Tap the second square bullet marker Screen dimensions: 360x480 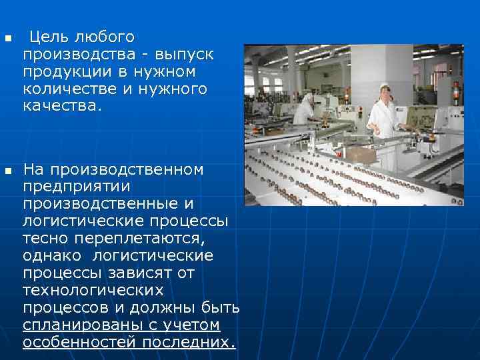click(8, 172)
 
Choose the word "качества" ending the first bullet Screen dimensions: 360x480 click(61, 105)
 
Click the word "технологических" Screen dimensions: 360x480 click(93, 290)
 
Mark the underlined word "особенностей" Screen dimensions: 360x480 click(81, 342)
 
